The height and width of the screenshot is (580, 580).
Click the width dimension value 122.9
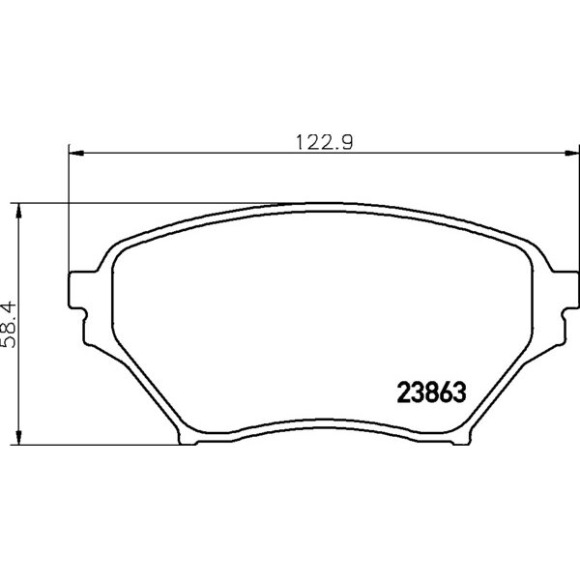325,142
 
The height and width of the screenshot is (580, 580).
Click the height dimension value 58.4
9,325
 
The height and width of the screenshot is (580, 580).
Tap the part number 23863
431,392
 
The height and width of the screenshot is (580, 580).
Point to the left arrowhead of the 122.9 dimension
76,153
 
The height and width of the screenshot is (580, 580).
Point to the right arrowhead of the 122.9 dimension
571,153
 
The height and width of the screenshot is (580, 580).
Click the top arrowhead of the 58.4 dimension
18,211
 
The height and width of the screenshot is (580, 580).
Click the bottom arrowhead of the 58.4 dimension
18,437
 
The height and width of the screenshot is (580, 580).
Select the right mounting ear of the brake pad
565,290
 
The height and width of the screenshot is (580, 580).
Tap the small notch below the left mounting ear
85,316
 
